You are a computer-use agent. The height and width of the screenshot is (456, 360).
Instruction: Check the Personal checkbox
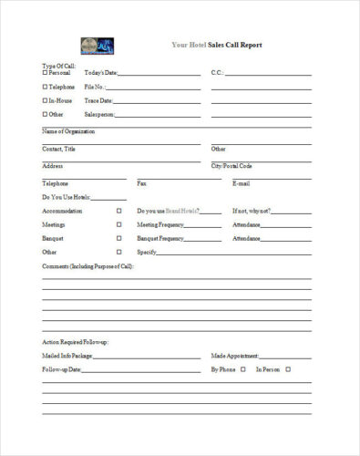coord(46,72)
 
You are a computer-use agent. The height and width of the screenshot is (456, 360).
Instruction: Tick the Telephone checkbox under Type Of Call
coord(46,87)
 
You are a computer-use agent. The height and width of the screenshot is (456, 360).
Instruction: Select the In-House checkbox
coord(46,100)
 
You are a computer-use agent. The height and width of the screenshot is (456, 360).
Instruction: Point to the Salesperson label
coord(98,115)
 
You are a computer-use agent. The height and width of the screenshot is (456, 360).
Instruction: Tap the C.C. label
coord(217,72)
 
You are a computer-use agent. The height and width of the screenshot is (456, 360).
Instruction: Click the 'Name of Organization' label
coord(67,131)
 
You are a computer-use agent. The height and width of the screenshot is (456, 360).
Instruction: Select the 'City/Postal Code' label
coord(231,166)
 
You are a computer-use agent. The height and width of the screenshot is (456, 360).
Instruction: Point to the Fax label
coord(141,183)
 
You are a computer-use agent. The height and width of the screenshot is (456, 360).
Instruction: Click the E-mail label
coord(241,183)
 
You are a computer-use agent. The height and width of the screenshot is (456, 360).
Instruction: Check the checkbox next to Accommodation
coord(118,211)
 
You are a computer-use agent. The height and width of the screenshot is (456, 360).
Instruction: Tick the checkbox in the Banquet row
coord(118,238)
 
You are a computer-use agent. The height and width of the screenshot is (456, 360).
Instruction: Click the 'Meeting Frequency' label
coord(159,224)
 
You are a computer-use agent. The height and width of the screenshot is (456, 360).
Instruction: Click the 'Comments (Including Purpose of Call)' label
coord(87,266)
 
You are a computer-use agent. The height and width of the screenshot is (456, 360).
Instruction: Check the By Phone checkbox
coord(242,369)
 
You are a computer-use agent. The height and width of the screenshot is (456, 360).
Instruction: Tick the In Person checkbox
coord(288,369)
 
